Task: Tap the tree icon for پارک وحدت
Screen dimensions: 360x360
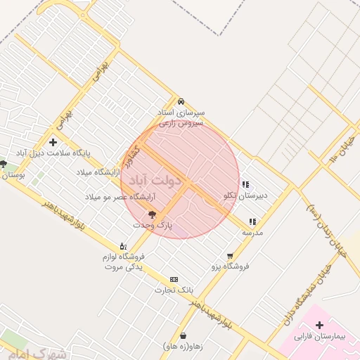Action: coord(152,214)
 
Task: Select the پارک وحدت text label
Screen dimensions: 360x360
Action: coord(152,225)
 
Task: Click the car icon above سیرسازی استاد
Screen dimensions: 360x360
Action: coord(181,101)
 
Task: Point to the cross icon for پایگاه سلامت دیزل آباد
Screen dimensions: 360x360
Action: coord(53,143)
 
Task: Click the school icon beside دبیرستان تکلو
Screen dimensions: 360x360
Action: coord(245,185)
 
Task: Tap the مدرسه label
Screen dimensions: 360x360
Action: coord(252,232)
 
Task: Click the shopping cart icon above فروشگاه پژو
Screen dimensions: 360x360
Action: coord(230,256)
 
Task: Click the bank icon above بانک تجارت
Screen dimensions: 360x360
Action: coord(174,279)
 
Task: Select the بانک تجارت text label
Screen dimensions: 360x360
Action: coord(174,290)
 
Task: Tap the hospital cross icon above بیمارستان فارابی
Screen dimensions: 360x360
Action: coord(320,325)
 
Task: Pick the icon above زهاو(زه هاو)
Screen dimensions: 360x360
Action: coord(184,335)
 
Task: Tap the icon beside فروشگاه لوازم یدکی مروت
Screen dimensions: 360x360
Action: coord(124,246)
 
